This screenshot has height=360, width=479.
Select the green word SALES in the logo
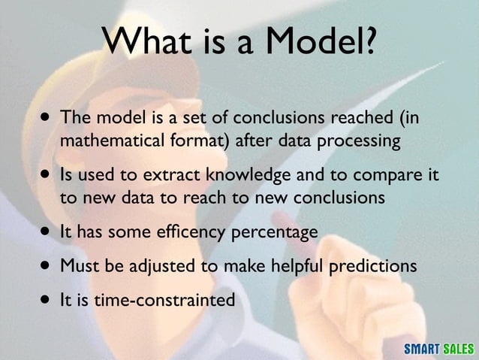click(458, 349)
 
